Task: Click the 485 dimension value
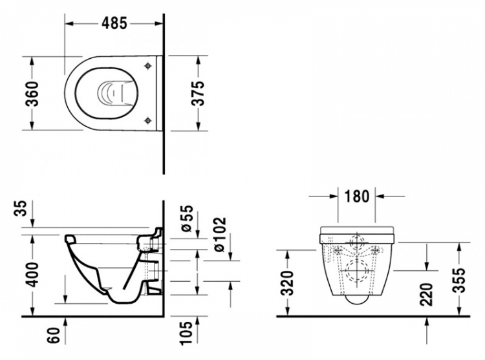click(114, 23)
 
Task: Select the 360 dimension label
click(32, 94)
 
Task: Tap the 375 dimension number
click(198, 93)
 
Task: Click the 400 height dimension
click(32, 275)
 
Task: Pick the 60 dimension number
click(54, 335)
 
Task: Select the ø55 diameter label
click(187, 218)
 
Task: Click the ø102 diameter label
click(221, 235)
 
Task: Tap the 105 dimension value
click(187, 332)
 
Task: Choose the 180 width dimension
click(356, 196)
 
